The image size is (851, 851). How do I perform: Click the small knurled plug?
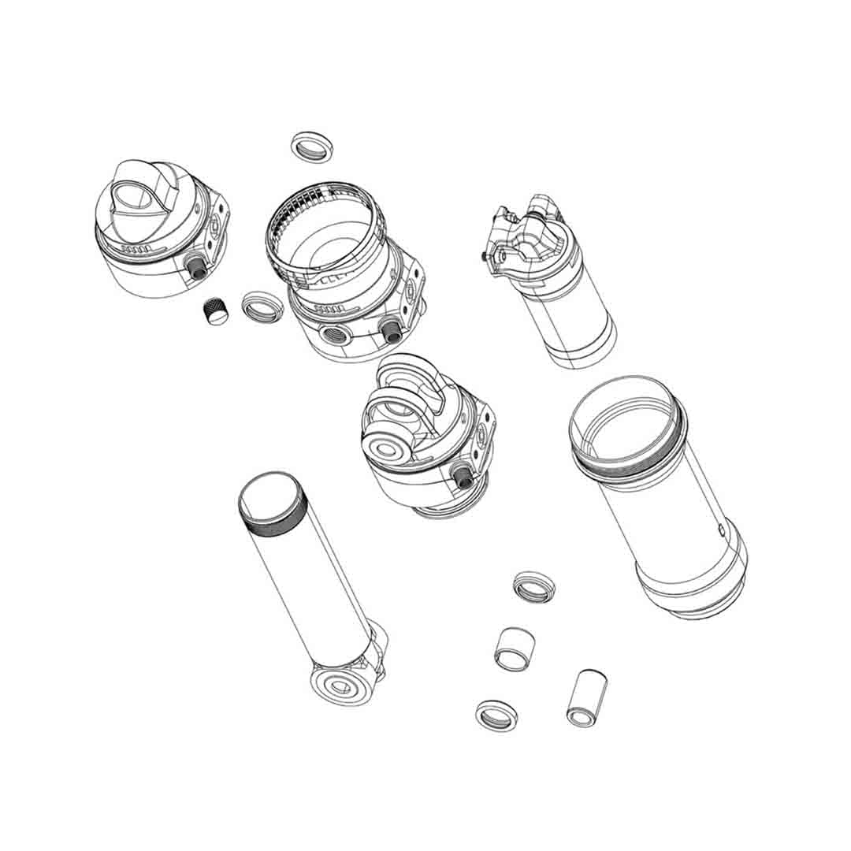point(214,311)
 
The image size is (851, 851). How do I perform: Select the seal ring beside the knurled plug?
point(260,307)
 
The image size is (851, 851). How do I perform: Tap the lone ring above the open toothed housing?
point(311,147)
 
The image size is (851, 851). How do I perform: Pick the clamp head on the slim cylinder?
point(526,239)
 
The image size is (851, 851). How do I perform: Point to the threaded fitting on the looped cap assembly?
point(465,475)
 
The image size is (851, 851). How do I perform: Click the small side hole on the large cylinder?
point(721,529)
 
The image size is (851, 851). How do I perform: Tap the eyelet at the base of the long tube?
point(342,685)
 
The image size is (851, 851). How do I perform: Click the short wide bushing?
point(513,649)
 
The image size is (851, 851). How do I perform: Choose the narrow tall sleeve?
point(585,698)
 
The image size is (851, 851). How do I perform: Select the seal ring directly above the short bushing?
point(533,585)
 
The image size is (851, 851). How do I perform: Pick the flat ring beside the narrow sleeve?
point(496,715)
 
